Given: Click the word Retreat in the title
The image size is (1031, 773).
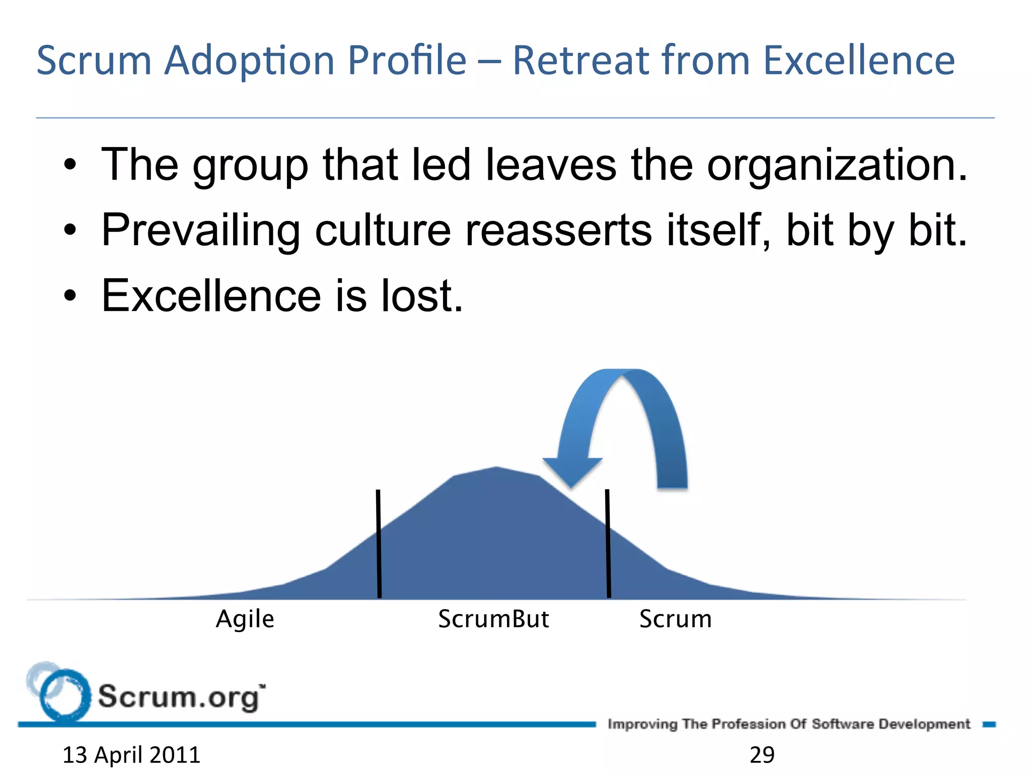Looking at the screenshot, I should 581,60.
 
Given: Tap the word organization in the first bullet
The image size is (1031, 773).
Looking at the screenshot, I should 836,166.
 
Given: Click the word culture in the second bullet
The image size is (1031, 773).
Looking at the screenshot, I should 383,230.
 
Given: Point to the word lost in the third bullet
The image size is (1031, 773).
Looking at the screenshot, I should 422,296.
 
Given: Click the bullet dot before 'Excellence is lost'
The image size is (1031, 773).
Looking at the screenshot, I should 70,296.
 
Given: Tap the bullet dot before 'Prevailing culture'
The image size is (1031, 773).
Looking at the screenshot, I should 70,231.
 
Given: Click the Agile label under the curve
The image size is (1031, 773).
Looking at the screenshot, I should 245,619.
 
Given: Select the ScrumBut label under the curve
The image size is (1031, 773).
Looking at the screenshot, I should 493,619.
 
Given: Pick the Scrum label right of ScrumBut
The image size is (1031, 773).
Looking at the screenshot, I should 676,619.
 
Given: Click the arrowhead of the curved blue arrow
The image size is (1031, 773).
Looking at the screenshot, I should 572,471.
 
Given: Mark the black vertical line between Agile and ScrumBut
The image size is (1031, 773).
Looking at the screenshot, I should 379,544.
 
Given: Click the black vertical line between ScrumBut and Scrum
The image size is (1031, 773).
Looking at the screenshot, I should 608,544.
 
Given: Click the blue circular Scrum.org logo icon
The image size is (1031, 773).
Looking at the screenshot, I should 63,694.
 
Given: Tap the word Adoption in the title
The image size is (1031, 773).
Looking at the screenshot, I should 250,60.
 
